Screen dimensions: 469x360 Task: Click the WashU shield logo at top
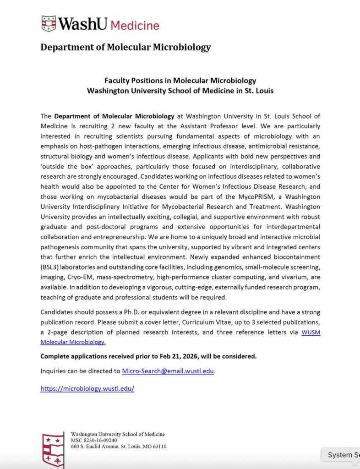[49, 23]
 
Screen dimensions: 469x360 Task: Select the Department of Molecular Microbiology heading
[125, 47]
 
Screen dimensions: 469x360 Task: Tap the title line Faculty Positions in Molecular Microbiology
[180, 81]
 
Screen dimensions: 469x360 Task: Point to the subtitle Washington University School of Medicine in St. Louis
[180, 91]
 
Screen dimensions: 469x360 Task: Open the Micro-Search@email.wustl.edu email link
[168, 371]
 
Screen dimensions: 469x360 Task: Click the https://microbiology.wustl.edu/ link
[87, 388]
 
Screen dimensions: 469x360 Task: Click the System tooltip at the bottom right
[343, 455]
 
